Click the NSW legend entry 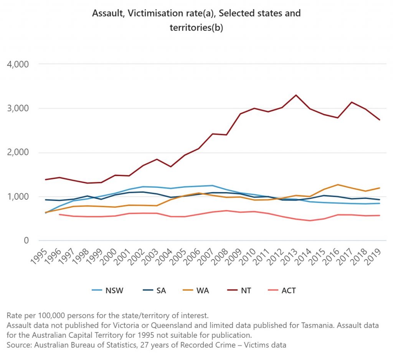pyautogui.click(x=107, y=290)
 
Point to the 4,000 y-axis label pyautogui.click(x=18, y=64)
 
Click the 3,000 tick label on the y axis pyautogui.click(x=18, y=108)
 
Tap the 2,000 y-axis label pyautogui.click(x=18, y=153)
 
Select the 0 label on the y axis pyautogui.click(x=26, y=241)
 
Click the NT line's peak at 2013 pyautogui.click(x=296, y=95)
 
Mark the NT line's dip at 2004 pyautogui.click(x=171, y=167)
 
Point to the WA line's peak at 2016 pyautogui.click(x=338, y=185)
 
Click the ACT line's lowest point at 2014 pyautogui.click(x=310, y=221)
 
